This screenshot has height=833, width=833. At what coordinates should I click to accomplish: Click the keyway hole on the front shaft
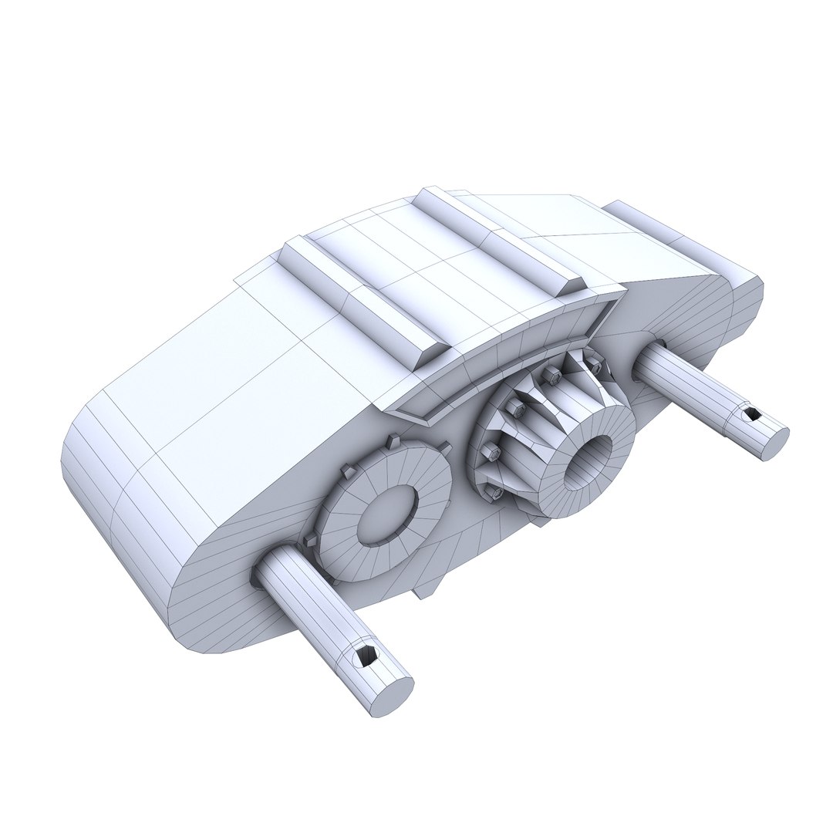coord(363,656)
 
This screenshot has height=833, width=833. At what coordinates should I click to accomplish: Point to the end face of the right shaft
coord(774,443)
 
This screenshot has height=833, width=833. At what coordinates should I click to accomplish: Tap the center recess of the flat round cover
coord(384,513)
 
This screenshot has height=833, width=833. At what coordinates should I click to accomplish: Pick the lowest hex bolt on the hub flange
coord(496,491)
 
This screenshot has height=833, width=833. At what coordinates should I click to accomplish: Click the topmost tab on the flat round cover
coord(393,441)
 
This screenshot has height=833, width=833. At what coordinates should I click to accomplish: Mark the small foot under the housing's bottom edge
coord(424,590)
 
